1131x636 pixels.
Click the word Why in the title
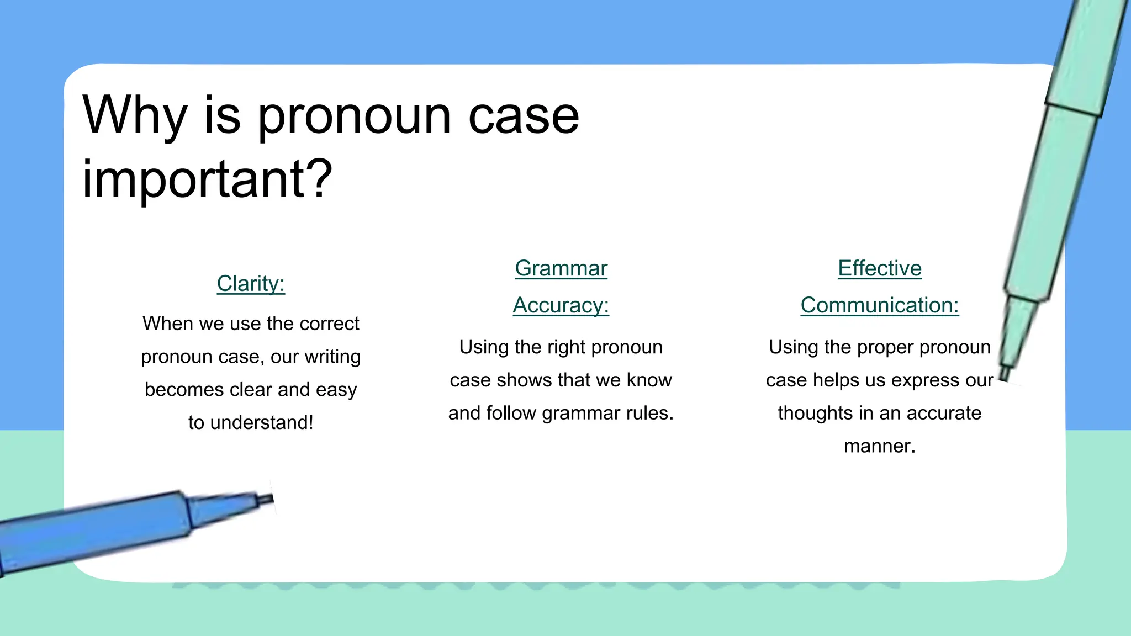coord(135,116)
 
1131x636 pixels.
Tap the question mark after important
coord(319,178)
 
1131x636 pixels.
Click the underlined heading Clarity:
coord(251,284)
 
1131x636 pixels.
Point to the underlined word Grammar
coord(561,268)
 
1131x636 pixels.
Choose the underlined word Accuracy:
coord(561,305)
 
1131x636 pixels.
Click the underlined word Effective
coord(880,268)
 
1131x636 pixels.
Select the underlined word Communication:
coord(880,305)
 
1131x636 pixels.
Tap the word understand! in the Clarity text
coord(262,423)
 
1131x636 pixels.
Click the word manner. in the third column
coord(880,446)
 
